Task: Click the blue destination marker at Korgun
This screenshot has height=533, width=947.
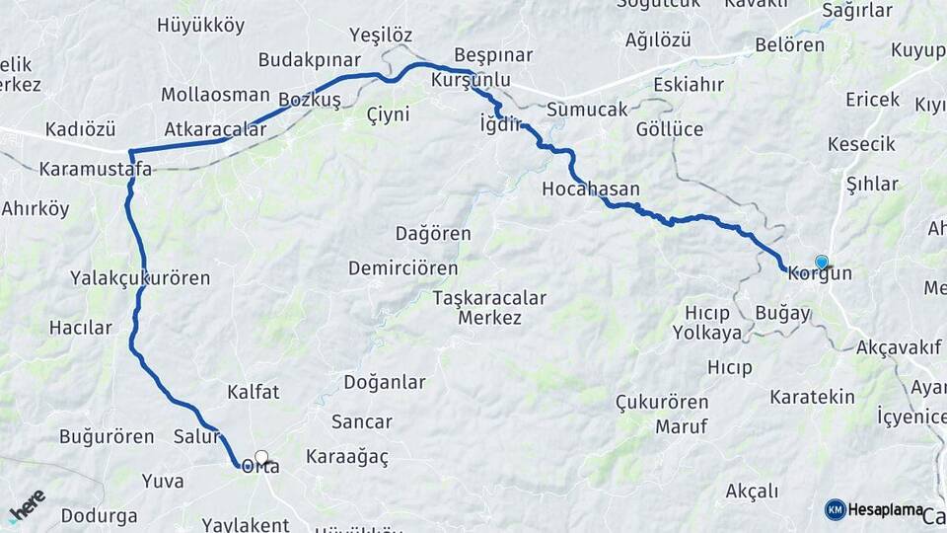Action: tap(821, 262)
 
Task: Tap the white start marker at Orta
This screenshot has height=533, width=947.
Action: tap(261, 457)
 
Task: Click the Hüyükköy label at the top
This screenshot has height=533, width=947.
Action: tap(200, 26)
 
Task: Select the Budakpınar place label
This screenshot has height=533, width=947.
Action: tap(309, 60)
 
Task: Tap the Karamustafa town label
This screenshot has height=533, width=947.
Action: tap(96, 169)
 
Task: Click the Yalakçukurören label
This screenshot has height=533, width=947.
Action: tap(140, 278)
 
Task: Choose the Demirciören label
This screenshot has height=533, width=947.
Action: tap(402, 268)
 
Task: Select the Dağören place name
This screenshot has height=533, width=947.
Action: tap(433, 234)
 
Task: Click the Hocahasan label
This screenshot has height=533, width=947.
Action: tap(591, 189)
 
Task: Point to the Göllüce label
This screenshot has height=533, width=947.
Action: tap(670, 129)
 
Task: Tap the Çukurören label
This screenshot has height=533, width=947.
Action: tap(662, 403)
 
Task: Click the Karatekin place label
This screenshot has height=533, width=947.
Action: tap(813, 397)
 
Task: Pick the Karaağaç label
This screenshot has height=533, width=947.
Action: tap(347, 457)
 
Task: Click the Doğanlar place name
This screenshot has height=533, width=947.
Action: tap(385, 382)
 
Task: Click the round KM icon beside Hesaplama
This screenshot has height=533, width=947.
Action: tap(836, 509)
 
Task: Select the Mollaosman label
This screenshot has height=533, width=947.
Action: tap(215, 95)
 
